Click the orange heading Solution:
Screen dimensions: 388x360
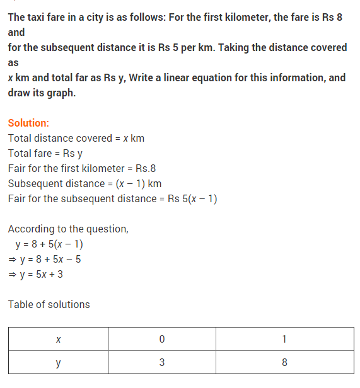pyautogui.click(x=28, y=123)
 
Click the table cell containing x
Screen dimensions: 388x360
pyautogui.click(x=59, y=339)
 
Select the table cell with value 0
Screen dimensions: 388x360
pyautogui.click(x=162, y=339)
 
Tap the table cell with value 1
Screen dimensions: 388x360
pyautogui.click(x=284, y=339)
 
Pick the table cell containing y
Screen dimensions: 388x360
pyautogui.click(x=59, y=363)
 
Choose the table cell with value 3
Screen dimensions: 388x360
pyautogui.click(x=162, y=363)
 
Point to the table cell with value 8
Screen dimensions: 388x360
pyautogui.click(x=284, y=363)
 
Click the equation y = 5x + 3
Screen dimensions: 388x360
pyautogui.click(x=39, y=274)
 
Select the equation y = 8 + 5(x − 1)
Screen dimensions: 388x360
pyautogui.click(x=49, y=244)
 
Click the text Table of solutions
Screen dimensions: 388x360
pyautogui.click(x=49, y=305)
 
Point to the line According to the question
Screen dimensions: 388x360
pyautogui.click(x=68, y=229)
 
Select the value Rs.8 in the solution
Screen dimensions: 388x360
pyautogui.click(x=145, y=169)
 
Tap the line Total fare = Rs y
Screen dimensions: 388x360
pyautogui.click(x=45, y=154)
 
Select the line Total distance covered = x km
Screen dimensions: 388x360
pyautogui.click(x=76, y=139)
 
